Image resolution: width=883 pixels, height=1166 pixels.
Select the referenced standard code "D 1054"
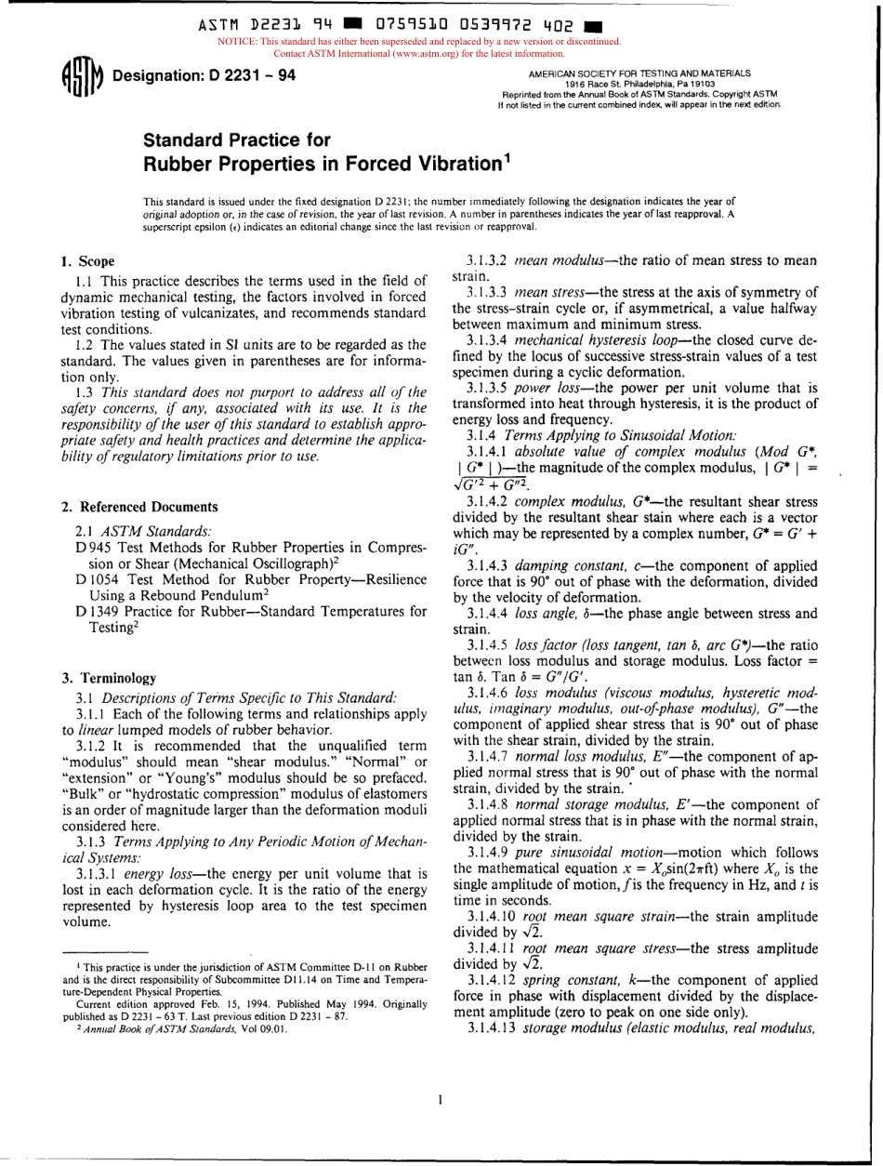pos(97,577)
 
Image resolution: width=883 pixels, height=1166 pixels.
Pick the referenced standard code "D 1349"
pos(97,611)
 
